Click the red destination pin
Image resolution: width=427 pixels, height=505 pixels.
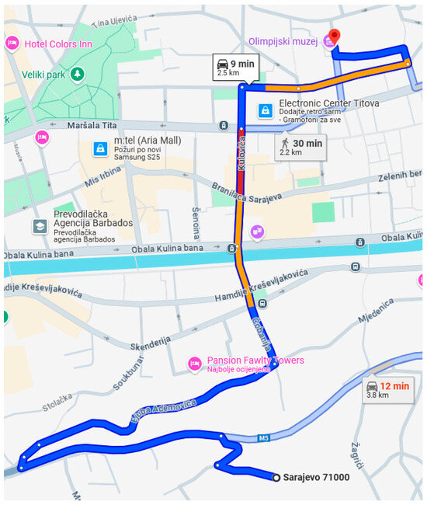click(x=335, y=37)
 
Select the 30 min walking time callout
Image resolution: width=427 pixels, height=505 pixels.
click(x=301, y=145)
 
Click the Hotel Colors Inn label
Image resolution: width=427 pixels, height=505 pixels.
click(x=57, y=44)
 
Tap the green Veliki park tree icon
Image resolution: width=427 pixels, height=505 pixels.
click(x=77, y=73)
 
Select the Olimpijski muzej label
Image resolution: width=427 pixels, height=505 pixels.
click(x=283, y=42)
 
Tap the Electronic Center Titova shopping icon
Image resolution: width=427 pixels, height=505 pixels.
click(x=266, y=110)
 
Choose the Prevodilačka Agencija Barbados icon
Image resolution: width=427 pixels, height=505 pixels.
click(x=39, y=226)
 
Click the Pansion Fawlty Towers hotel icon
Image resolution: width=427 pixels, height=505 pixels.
click(x=195, y=364)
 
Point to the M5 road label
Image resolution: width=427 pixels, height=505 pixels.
click(x=264, y=438)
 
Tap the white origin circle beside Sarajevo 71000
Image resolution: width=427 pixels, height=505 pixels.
click(x=276, y=477)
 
